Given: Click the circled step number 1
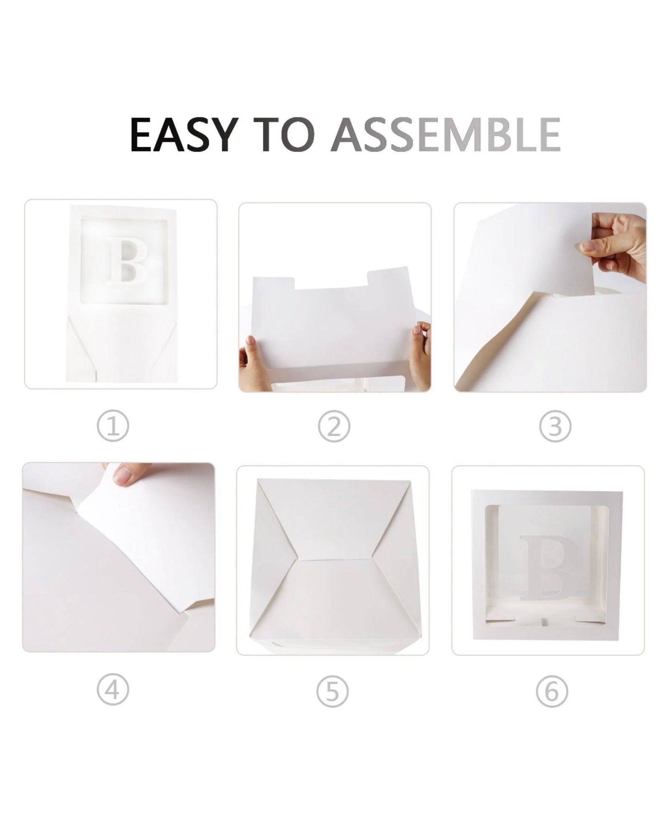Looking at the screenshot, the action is (x=113, y=427).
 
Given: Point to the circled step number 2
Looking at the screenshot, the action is (x=334, y=427).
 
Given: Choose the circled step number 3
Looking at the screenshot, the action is (x=555, y=427).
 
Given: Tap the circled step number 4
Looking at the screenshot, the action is (x=113, y=691).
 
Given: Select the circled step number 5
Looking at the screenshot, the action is (x=332, y=691).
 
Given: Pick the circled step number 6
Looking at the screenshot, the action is (x=552, y=691).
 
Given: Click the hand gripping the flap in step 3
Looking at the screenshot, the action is (x=616, y=243).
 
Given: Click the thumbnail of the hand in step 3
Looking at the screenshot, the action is (x=588, y=245).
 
